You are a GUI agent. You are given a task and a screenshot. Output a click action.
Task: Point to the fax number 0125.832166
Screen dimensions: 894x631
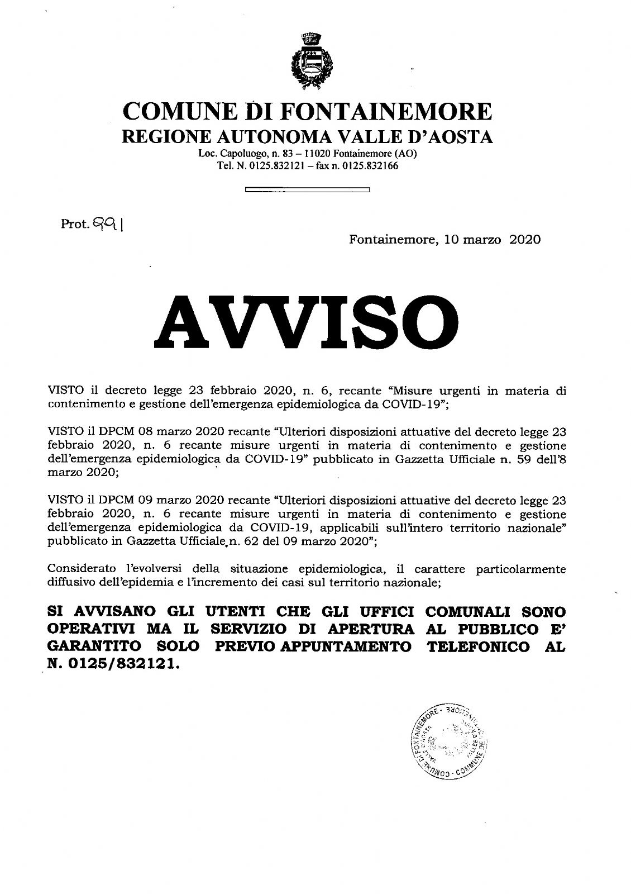click(x=371, y=166)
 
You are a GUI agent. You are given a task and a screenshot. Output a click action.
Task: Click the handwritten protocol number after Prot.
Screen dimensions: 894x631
click(x=109, y=225)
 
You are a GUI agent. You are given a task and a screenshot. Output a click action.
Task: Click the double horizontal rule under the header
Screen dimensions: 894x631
click(x=308, y=191)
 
